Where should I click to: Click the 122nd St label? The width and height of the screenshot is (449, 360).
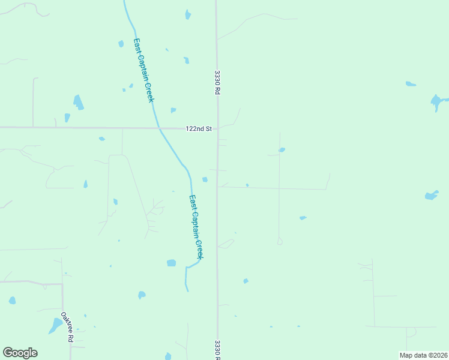pyautogui.click(x=199, y=128)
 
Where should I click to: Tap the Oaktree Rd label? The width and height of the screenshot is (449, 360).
pyautogui.click(x=67, y=326)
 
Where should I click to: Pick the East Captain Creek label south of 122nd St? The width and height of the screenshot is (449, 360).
pyautogui.click(x=196, y=227)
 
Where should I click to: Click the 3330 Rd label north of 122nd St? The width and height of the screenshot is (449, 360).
pyautogui.click(x=218, y=83)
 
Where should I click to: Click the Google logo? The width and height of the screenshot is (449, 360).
pyautogui.click(x=20, y=353)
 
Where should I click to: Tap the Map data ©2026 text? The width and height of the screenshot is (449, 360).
pyautogui.click(x=423, y=355)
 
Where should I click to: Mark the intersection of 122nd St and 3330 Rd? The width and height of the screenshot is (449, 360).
pyautogui.click(x=217, y=128)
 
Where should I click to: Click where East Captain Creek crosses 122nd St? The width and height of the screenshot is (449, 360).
pyautogui.click(x=158, y=128)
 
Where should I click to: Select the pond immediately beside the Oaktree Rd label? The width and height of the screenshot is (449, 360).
pyautogui.click(x=55, y=326)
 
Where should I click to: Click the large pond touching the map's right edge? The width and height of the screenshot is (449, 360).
pyautogui.click(x=437, y=101)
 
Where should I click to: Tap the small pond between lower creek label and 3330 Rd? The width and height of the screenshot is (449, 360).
pyautogui.click(x=205, y=179)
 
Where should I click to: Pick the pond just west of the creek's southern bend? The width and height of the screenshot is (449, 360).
pyautogui.click(x=172, y=263)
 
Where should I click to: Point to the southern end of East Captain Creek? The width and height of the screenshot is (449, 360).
pyautogui.click(x=187, y=291)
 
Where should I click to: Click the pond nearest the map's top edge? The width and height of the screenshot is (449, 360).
pyautogui.click(x=188, y=14)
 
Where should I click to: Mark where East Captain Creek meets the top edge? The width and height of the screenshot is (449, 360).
pyautogui.click(x=124, y=1)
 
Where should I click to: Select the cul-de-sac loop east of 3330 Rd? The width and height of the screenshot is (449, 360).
pyautogui.click(x=280, y=241)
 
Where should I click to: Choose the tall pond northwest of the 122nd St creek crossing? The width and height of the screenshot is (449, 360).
pyautogui.click(x=77, y=102)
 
